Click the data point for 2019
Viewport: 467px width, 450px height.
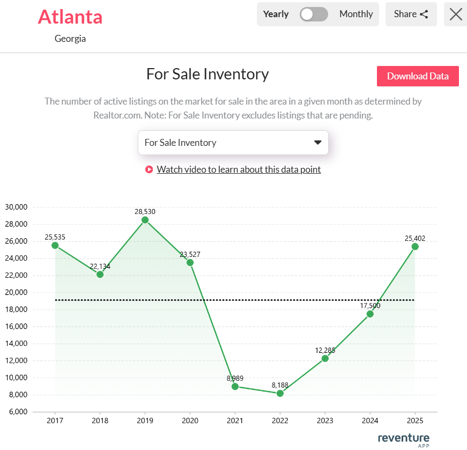click(145, 220)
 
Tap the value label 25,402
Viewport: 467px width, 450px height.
click(415, 238)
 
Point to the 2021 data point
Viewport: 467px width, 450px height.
click(235, 386)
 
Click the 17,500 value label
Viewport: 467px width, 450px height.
click(370, 305)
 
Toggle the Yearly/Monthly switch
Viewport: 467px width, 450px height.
click(314, 14)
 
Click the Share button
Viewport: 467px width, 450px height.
click(411, 14)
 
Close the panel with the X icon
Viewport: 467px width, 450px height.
click(456, 14)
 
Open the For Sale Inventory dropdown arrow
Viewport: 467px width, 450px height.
click(317, 143)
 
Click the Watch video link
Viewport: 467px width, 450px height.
click(239, 169)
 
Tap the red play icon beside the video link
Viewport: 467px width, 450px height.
click(149, 169)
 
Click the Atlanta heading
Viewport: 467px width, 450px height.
click(70, 17)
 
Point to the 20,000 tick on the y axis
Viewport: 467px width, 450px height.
click(16, 292)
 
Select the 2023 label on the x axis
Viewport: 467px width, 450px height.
click(325, 421)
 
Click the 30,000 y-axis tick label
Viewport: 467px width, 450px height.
click(16, 207)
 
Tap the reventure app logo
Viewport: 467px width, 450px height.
click(404, 439)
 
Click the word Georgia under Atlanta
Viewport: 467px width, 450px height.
click(70, 39)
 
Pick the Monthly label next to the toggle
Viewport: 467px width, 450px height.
click(356, 14)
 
